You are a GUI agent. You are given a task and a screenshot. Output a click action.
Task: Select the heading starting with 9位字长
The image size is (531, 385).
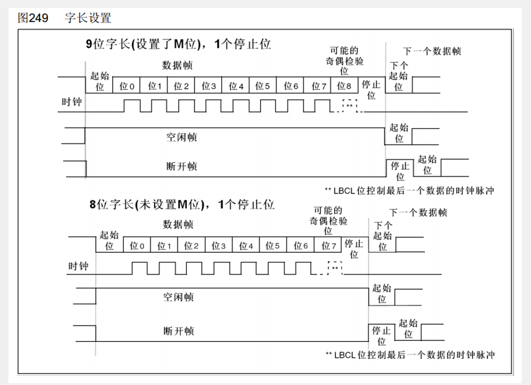coord(177,44)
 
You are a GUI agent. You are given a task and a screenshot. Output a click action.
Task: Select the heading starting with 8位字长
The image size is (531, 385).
coord(182,205)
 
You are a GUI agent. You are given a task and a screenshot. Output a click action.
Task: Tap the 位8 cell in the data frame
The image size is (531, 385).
coord(344,86)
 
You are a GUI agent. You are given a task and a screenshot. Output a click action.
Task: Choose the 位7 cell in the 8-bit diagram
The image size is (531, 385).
coord(329,246)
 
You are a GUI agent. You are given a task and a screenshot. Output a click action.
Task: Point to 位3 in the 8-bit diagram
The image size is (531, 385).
coord(219,246)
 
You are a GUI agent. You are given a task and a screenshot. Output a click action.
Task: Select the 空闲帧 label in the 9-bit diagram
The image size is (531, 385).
coord(182,137)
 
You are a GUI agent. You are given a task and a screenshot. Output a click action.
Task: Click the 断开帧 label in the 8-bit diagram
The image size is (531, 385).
coord(179,331)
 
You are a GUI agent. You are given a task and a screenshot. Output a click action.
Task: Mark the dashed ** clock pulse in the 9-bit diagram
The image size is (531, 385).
coord(350,106)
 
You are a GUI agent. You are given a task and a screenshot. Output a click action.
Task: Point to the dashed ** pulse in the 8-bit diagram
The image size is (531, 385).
coord(335,267)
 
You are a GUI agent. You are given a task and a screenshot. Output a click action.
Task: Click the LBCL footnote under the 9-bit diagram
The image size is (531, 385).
coord(410,191)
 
